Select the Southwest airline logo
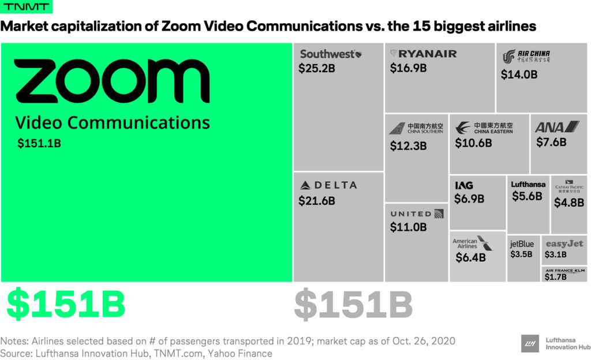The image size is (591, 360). coord(331,54)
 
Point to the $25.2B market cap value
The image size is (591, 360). coord(317,68)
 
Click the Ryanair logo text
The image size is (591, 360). coord(424,54)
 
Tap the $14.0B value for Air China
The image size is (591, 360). coord(519,74)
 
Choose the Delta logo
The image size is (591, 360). coord(328,185)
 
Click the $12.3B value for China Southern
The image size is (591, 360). coord(408,146)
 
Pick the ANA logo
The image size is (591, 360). coord(556,127)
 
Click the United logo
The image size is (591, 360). coord(417,214)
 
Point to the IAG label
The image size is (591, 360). coord(464,185)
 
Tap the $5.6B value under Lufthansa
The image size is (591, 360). coord(527,196)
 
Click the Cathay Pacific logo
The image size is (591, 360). coord(569,186)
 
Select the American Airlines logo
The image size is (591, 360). coord(473,243)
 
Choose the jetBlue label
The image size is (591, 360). coord(522,243)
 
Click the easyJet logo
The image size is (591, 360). coord(564,243)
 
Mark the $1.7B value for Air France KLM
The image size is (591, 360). coord(556,277)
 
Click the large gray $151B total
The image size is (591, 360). coord(353,305)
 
